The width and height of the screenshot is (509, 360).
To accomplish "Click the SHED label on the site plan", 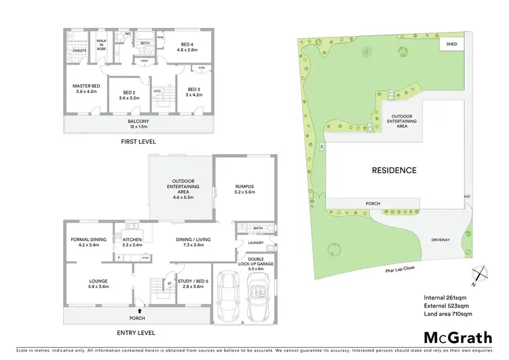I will point(450,44).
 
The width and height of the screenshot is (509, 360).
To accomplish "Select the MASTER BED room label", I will point(86,89).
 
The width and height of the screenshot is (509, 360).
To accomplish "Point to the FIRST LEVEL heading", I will point(137,142).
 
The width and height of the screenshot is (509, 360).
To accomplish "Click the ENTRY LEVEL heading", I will point(136,333).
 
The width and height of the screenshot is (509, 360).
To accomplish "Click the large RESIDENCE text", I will point(393,170).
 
